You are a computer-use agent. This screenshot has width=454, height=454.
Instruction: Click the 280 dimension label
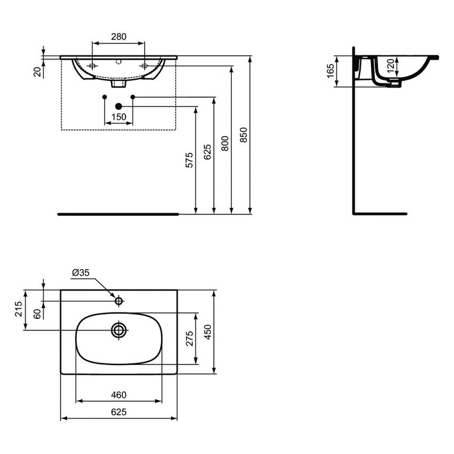pos(118,37)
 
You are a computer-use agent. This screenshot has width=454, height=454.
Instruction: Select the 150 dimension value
pos(118,117)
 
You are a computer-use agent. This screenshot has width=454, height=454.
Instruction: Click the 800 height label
pos(225,143)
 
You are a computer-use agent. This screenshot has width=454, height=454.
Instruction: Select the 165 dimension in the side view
pos(330,69)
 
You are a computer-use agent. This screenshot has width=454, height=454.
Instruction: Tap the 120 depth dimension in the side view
pos(390,66)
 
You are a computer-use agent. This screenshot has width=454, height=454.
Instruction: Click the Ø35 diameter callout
pos(81,273)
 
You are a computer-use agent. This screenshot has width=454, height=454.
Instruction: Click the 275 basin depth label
pos(189,339)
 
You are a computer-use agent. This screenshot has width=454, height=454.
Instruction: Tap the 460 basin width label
pos(119,395)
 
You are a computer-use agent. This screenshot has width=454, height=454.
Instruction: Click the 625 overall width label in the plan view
pos(119,412)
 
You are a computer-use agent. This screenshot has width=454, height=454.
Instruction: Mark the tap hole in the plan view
pos(119,301)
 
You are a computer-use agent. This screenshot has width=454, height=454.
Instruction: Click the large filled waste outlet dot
pos(119,106)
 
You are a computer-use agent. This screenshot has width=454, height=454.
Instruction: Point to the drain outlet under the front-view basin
pos(119,84)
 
